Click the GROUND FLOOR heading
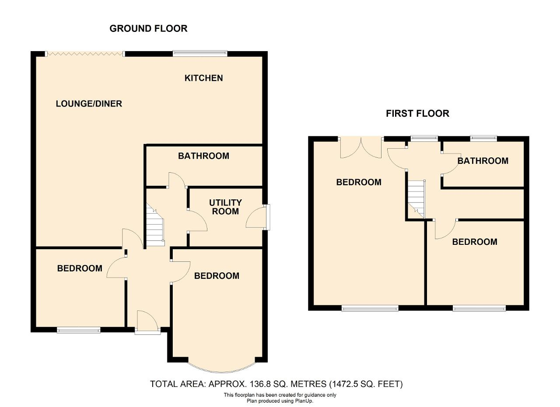tap(148, 28)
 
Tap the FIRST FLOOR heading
tap(417, 113)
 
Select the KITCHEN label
tap(204, 78)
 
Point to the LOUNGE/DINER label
tap(89, 104)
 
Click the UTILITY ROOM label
tap(225, 207)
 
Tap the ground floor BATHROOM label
tap(203, 156)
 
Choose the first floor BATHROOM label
tap(483, 160)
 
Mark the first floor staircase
tap(416, 199)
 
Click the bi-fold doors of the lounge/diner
tap(85, 54)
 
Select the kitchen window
tap(200, 53)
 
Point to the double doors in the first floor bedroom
tap(361, 148)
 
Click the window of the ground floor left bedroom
tap(78, 330)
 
